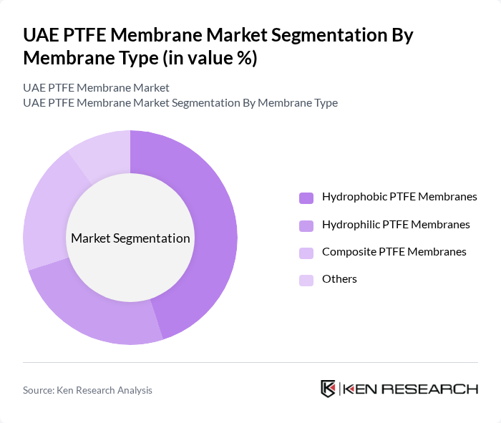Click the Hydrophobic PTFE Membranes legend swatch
click(x=306, y=198)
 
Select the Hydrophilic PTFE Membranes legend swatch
click(x=306, y=225)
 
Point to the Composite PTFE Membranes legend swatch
click(x=306, y=253)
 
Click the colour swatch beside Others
click(x=306, y=280)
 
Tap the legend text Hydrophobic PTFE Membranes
click(x=399, y=196)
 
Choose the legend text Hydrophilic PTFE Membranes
click(x=396, y=224)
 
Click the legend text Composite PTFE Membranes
click(x=394, y=251)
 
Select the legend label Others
click(x=339, y=278)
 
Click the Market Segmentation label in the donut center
click(x=130, y=238)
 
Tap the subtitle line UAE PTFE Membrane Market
click(x=96, y=88)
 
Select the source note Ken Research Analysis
click(x=87, y=390)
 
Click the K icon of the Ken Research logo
click(x=329, y=389)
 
